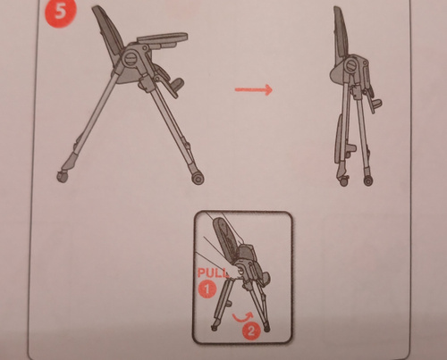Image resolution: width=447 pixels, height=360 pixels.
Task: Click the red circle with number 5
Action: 60,13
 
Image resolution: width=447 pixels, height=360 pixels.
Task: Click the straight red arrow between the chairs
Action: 254,89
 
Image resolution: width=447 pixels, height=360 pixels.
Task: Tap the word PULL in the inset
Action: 212,272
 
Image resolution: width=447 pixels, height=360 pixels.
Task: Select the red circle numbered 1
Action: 207,289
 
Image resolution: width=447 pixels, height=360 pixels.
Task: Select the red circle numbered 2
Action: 251,331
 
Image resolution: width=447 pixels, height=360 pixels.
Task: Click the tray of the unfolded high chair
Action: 163,39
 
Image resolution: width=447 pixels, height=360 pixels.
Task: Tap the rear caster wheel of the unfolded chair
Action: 63,176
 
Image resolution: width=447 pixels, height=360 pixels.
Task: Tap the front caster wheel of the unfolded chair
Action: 198,179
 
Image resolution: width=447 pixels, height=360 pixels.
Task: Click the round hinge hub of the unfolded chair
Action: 131,58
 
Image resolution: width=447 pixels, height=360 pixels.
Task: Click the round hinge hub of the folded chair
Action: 352,66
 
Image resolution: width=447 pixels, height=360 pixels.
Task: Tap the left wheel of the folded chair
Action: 344,181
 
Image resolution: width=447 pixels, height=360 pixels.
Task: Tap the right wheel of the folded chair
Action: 368,180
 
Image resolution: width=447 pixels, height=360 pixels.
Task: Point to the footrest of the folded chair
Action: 376,105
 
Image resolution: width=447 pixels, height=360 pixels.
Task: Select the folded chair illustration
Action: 356,96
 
